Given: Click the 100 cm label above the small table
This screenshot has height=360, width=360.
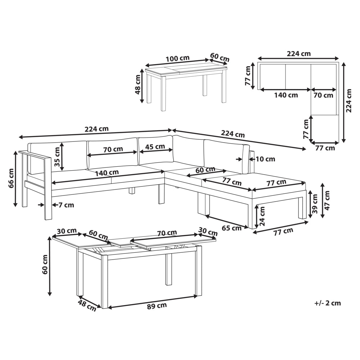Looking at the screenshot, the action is (178, 58).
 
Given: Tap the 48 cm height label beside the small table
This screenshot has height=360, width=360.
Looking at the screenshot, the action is (138, 85).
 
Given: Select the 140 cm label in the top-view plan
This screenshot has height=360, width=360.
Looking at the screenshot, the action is (286, 95).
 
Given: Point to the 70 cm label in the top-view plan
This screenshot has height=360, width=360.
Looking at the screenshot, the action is (323, 95).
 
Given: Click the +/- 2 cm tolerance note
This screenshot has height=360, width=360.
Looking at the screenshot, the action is (328, 303).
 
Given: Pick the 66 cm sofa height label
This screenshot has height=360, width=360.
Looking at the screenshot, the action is (11, 178).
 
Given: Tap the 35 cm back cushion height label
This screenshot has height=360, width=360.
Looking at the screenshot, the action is (57, 157).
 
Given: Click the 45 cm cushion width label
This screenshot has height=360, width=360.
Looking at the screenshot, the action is (155, 147).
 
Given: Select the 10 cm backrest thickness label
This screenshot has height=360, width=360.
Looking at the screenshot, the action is (265, 159).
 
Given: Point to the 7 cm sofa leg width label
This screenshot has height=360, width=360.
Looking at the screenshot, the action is (66, 205).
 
